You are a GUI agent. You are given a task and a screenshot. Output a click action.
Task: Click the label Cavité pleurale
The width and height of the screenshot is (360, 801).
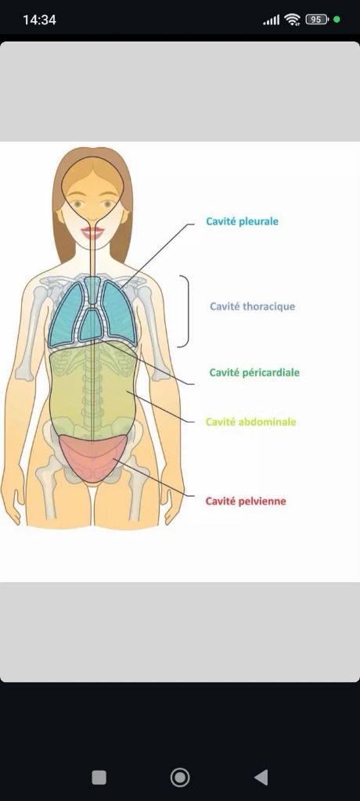tap(242, 221)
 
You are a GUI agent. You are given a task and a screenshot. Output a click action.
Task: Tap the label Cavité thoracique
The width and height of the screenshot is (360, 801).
tap(252, 307)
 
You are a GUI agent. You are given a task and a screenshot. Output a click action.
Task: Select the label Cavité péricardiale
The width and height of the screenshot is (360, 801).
tap(254, 372)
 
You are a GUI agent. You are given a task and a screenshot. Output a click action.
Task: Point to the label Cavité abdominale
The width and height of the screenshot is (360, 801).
tap(250, 422)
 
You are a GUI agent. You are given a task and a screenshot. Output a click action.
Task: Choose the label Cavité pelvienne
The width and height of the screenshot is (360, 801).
tap(246, 501)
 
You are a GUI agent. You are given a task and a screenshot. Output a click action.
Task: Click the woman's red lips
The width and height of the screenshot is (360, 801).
tap(92, 233)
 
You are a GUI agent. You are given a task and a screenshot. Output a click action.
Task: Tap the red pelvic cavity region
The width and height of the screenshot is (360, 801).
tap(92, 456)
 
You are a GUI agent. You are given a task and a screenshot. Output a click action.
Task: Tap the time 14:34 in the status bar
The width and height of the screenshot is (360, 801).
tap(39, 20)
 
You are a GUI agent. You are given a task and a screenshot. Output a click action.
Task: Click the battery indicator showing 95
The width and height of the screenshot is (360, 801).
tap(316, 20)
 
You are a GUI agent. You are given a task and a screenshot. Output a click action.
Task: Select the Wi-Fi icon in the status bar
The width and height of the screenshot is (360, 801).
tap(293, 20)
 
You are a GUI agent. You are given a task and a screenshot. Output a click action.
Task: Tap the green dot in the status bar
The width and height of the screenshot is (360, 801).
tap(337, 20)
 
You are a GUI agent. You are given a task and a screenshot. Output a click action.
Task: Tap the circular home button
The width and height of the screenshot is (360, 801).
tap(180, 778)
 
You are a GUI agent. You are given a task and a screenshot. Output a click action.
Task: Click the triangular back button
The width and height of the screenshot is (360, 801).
tap(261, 778)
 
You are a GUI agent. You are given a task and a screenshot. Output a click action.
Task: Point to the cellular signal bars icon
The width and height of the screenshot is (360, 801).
tap(272, 20)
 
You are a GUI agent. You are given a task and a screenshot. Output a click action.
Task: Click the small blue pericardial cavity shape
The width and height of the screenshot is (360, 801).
tap(91, 325)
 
